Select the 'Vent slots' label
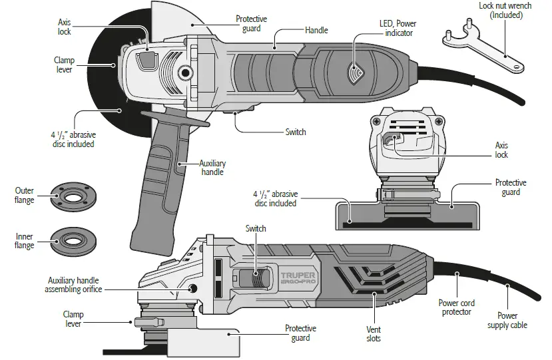coord(373,334)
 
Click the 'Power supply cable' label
coord(508,320)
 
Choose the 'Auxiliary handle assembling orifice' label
coord(73,285)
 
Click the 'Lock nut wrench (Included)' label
coord(504,10)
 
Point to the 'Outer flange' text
coord(25,196)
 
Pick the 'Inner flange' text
coord(25,240)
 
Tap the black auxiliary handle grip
coord(160,180)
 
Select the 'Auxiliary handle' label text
coord(212,168)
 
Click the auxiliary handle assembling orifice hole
coord(194,287)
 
